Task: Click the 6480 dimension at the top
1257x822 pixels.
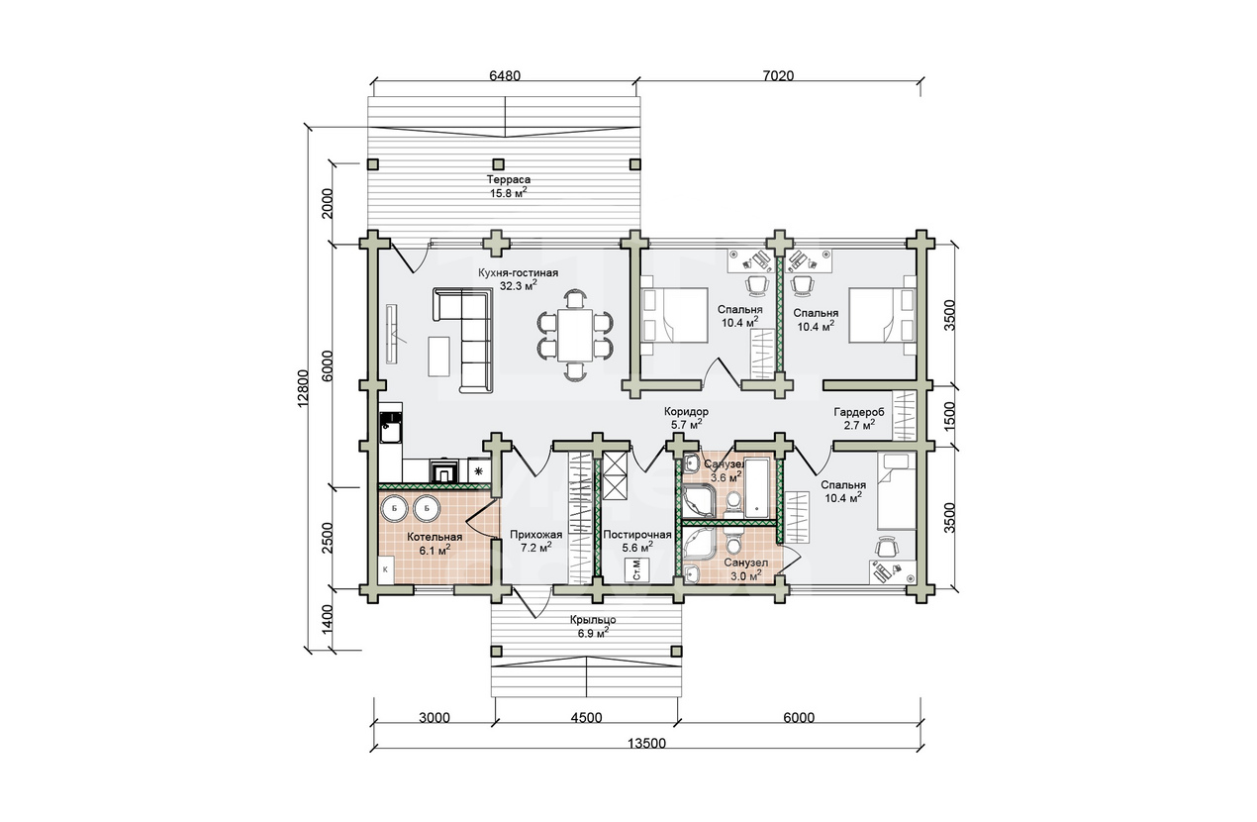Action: tap(505, 75)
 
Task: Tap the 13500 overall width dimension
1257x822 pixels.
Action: tap(646, 744)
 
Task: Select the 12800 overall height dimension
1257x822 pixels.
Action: tap(303, 388)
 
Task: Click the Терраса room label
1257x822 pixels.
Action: tap(509, 179)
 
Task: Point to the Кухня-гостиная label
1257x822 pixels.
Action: tap(518, 273)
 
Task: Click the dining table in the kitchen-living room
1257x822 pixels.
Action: tap(575, 335)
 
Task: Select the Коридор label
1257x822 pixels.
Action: tap(686, 411)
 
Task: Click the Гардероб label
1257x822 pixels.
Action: tap(858, 412)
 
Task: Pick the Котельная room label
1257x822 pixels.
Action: tap(435, 537)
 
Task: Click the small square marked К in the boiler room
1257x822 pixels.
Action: tap(386, 569)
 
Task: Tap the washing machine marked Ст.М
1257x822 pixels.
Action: tap(637, 570)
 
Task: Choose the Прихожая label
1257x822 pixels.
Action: tap(535, 535)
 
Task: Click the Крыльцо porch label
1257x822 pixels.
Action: tap(593, 620)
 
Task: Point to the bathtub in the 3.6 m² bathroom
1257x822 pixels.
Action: tap(759, 488)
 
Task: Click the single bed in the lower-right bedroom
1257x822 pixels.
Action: tap(896, 491)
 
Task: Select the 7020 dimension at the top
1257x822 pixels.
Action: tap(778, 75)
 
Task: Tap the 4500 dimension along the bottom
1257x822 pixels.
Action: tap(586, 718)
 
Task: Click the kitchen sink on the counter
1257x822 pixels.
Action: tap(391, 428)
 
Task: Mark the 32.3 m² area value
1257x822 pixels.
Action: tap(518, 285)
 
